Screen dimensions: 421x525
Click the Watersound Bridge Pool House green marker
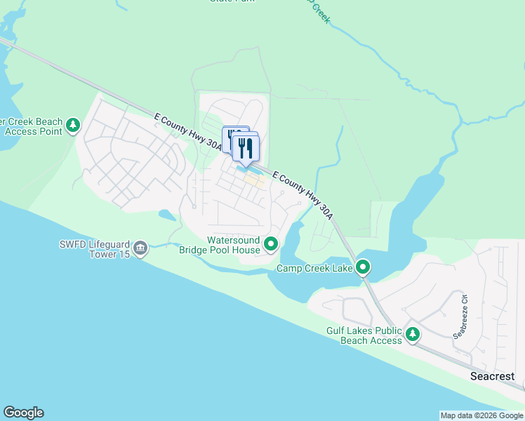point(271,245)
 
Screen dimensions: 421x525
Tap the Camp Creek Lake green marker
point(363,267)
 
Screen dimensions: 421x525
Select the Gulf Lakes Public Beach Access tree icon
point(413,334)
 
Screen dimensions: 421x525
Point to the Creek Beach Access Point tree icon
point(72,126)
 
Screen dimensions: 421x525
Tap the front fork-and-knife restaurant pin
point(246,149)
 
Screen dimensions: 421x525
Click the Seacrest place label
point(492,377)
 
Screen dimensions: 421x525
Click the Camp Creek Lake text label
point(314,269)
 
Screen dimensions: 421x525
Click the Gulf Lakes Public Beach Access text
point(364,335)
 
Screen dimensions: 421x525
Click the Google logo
point(23,413)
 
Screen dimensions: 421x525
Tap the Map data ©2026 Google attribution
point(481,415)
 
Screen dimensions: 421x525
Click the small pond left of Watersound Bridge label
point(168,215)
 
